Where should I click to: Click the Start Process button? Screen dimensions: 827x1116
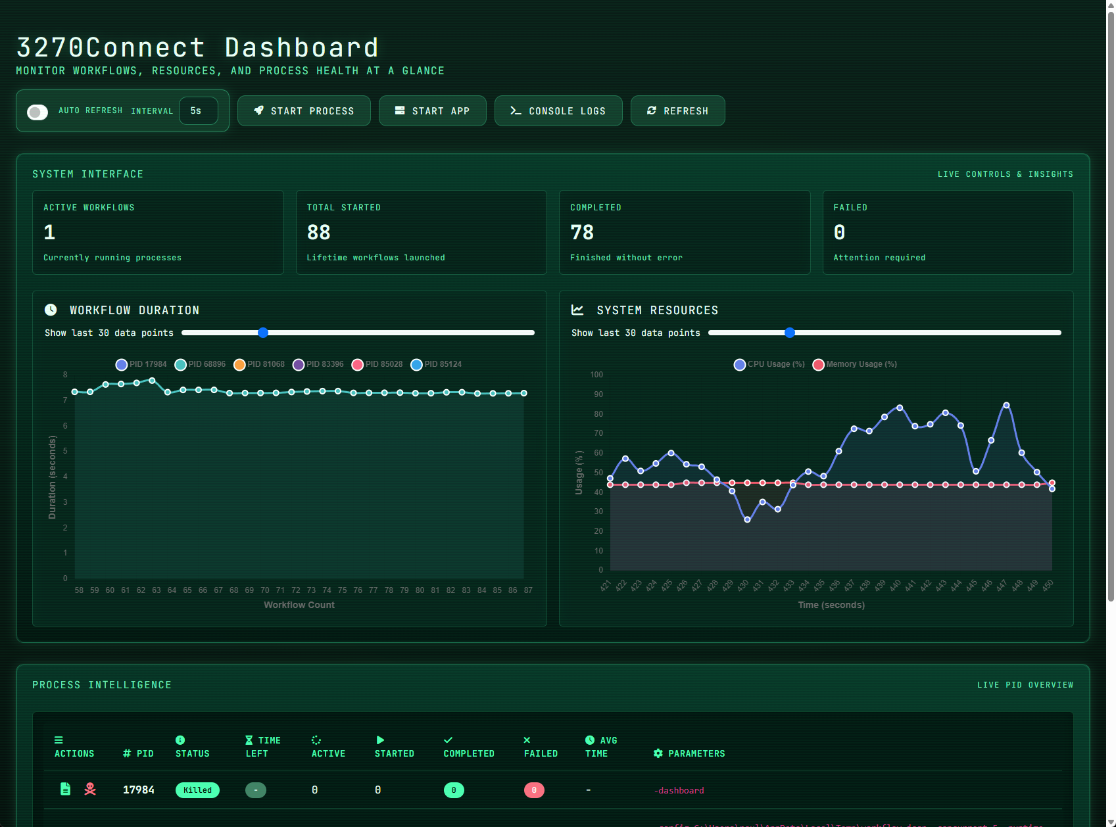pyautogui.click(x=304, y=111)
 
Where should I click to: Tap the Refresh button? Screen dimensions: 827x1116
pyautogui.click(x=677, y=111)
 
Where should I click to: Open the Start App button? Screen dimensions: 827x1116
pyautogui.click(x=432, y=111)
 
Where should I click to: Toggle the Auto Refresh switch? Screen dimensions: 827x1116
pyautogui.click(x=37, y=112)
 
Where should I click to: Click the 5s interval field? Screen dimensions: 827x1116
pyautogui.click(x=199, y=111)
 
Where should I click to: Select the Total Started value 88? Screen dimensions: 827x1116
pyautogui.click(x=319, y=233)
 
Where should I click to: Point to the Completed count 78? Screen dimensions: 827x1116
pyautogui.click(x=582, y=233)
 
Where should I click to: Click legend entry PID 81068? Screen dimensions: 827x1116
pyautogui.click(x=259, y=364)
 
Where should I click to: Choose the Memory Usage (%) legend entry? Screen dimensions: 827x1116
pyautogui.click(x=855, y=364)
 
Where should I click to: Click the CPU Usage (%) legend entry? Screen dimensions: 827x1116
pyautogui.click(x=769, y=364)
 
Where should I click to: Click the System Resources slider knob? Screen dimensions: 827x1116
pyautogui.click(x=790, y=333)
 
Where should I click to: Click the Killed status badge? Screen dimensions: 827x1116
pyautogui.click(x=197, y=790)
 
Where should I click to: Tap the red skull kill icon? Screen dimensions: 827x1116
pyautogui.click(x=90, y=789)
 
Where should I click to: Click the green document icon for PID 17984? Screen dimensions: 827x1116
pyautogui.click(x=65, y=789)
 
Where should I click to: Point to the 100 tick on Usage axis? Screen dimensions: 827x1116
pyautogui.click(x=596, y=375)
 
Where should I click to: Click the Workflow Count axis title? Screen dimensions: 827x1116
pyautogui.click(x=299, y=605)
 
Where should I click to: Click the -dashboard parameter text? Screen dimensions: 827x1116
pyautogui.click(x=679, y=790)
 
